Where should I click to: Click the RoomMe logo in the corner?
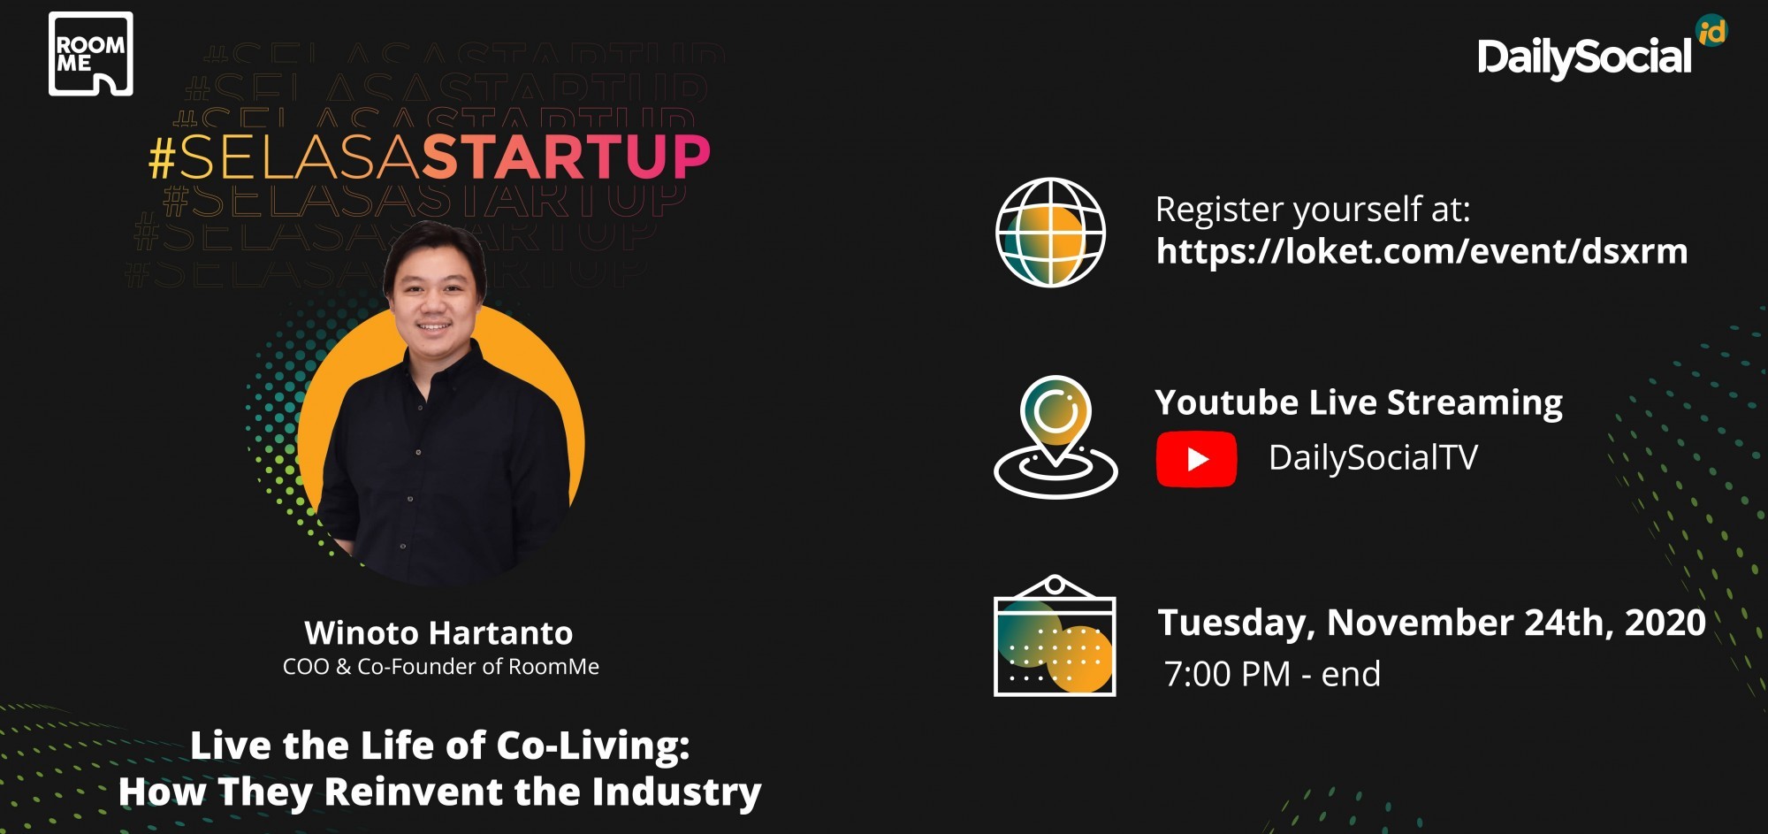(90, 53)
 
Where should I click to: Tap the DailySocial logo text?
(1584, 57)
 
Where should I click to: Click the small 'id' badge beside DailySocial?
(1711, 31)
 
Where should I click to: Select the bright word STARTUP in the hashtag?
(565, 157)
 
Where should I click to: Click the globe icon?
(1050, 232)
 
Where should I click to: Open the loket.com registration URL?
(1421, 251)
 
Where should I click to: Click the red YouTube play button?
(1196, 459)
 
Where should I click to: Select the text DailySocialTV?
(1373, 458)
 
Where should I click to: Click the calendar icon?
(1055, 636)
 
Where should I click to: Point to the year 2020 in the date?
(1665, 623)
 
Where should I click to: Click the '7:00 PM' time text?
(1227, 674)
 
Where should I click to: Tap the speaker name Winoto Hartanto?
(438, 633)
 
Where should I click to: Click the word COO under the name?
(305, 667)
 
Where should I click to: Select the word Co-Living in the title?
(592, 746)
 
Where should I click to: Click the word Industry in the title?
(676, 792)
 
